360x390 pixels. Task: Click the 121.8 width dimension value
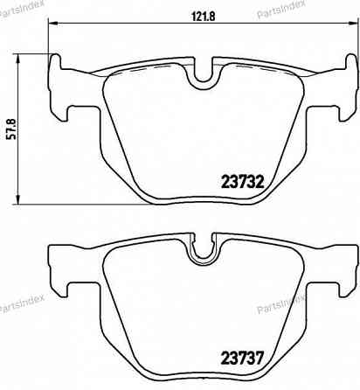coord(202,15)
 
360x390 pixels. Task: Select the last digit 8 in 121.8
coord(212,15)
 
